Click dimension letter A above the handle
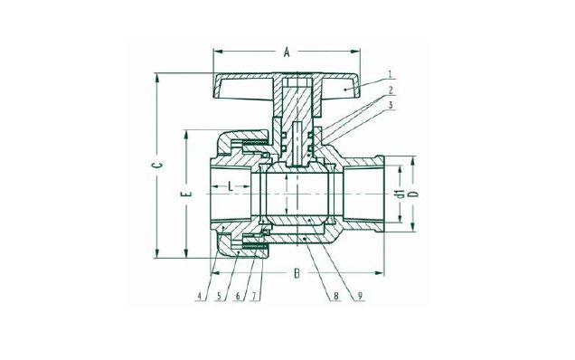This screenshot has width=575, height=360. click(x=287, y=52)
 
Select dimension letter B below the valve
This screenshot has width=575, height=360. click(x=297, y=273)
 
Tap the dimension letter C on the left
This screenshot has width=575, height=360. click(x=157, y=165)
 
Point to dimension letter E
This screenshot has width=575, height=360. click(x=186, y=194)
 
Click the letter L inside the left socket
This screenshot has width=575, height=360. click(x=231, y=186)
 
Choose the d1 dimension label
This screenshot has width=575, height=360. click(x=401, y=194)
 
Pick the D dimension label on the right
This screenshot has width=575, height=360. click(x=414, y=194)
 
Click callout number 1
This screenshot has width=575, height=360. click(x=391, y=74)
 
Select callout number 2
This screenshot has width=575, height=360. click(x=391, y=90)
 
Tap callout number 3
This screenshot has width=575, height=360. click(x=391, y=105)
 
